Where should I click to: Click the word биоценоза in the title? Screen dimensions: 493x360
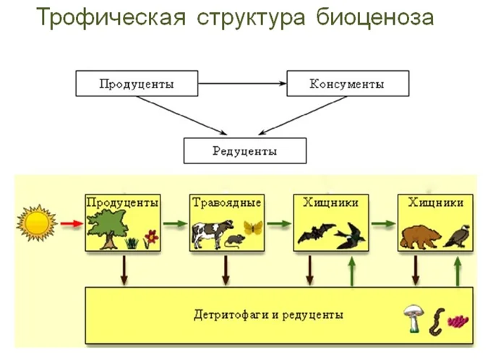pos(374,17)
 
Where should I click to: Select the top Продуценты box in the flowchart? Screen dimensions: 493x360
pos(137,83)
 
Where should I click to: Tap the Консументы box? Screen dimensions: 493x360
pos(348,83)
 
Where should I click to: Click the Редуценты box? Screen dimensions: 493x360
pos(245,150)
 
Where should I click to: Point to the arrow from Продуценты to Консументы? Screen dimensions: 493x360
pos(242,83)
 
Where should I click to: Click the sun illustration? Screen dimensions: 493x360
pos(37,223)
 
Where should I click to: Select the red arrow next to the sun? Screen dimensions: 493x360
pos(72,223)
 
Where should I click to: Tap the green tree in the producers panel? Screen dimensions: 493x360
pos(107,228)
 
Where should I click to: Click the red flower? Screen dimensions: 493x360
pos(151,239)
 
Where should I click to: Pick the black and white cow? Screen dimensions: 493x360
pos(213,233)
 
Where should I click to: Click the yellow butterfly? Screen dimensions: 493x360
pos(253,227)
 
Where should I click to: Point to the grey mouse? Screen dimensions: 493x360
pos(235,241)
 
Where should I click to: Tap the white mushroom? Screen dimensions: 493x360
pos(413,318)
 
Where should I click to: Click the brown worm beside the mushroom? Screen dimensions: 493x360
pos(437,322)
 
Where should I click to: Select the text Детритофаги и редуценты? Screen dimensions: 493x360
pos(268,314)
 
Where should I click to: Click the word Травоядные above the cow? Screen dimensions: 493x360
pos(227,202)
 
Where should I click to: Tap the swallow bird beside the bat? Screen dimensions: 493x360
pos(350,236)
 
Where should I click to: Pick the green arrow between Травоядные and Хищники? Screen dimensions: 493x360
pos(279,224)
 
